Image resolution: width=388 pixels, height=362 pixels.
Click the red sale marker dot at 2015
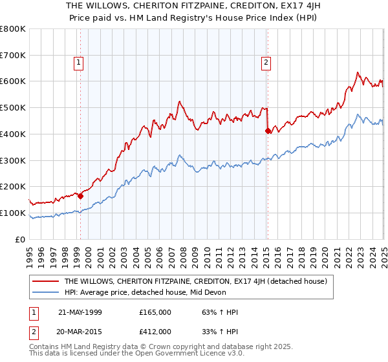[x=268, y=131]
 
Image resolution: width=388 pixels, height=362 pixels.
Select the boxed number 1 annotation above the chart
[x=78, y=63]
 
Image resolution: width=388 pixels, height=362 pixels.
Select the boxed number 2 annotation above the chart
[x=266, y=63]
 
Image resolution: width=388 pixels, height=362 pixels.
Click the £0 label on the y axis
[x=20, y=239]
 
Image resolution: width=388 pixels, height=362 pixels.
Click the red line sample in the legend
[x=46, y=281]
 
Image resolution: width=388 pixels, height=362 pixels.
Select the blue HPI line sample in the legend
[x=46, y=292]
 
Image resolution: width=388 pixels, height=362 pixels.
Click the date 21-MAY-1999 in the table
[x=80, y=312]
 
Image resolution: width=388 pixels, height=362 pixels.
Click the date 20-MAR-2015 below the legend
[x=80, y=332]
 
